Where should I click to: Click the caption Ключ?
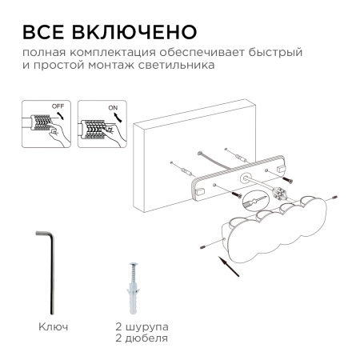click(x=52, y=326)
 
